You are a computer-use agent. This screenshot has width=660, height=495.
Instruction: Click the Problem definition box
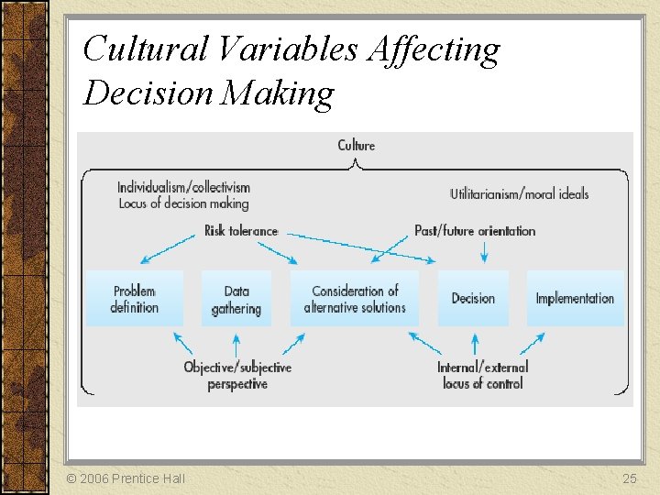coord(134,299)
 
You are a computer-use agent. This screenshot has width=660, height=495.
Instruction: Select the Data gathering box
coord(236,299)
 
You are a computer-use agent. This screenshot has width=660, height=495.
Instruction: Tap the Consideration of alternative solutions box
coord(355,299)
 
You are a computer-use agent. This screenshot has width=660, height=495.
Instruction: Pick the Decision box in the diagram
coord(473,299)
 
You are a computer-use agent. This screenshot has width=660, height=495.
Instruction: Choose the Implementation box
coord(575,299)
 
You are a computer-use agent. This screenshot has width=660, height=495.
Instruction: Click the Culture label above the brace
coord(357,145)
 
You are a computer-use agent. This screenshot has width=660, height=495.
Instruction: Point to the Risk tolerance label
coord(241,231)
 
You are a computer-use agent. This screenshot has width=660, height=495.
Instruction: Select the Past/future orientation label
coord(475,231)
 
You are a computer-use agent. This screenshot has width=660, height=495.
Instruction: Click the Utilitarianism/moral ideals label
coord(520,193)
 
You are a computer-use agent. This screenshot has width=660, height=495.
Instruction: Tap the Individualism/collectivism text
coord(183,187)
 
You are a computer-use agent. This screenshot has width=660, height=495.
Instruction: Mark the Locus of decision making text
coord(183,203)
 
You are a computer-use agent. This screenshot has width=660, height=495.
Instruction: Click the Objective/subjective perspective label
coord(237,376)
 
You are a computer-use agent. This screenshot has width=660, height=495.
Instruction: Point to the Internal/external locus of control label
coord(483,376)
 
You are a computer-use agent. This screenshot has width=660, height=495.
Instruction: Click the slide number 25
coord(629,478)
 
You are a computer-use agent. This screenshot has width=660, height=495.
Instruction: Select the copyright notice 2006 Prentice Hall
coord(126,478)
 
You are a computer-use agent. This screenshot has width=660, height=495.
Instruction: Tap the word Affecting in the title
coord(434,49)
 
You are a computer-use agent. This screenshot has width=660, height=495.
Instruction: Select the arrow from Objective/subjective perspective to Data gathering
coord(236,345)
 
